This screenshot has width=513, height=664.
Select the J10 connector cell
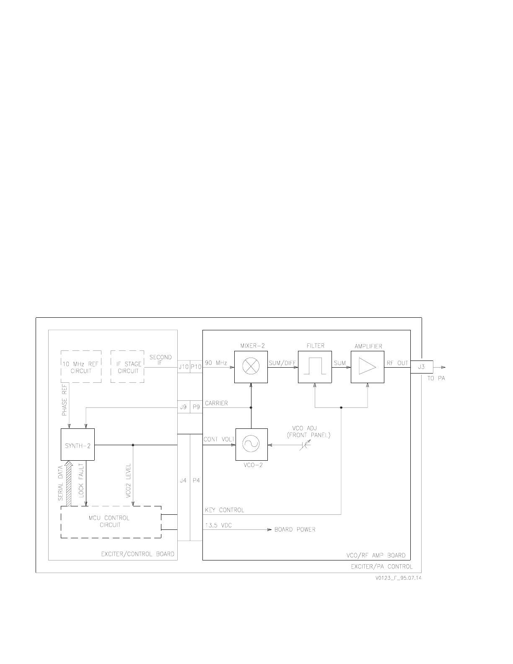(x=184, y=367)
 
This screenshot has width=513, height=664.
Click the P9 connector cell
(x=196, y=407)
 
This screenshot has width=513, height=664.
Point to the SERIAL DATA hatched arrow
(x=69, y=483)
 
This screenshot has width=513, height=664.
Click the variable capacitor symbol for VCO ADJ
(x=305, y=445)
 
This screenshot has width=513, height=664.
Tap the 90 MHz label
(x=216, y=363)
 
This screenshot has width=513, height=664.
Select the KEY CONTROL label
(x=225, y=510)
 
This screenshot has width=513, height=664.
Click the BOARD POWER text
(x=295, y=529)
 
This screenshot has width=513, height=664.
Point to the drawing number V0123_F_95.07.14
(x=399, y=578)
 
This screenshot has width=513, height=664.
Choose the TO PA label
(x=436, y=378)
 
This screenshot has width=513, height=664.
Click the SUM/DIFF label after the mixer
(x=282, y=363)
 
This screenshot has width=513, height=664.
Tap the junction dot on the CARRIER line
(x=251, y=407)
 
